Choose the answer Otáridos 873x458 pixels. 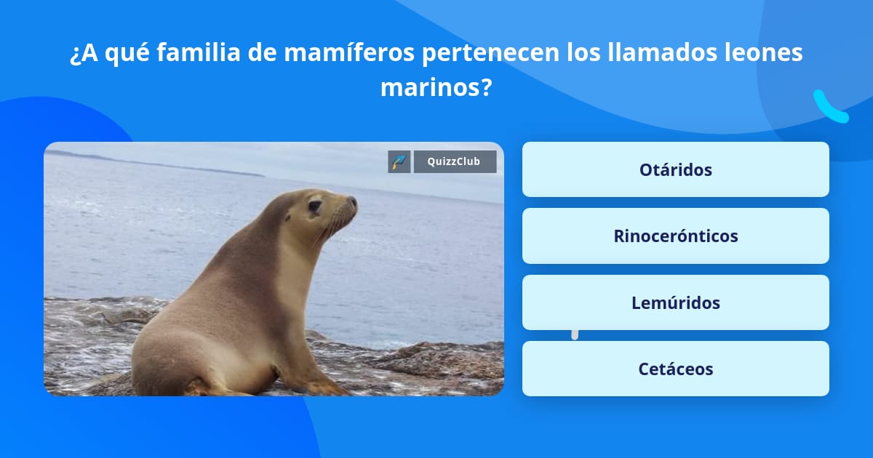pos(675,169)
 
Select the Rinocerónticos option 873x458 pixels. pos(675,236)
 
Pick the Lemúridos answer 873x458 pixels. pos(675,302)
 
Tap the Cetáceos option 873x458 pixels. pos(675,369)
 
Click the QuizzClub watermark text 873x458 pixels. pos(454,161)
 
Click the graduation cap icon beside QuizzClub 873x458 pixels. pos(399,161)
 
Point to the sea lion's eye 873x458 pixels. pos(314,206)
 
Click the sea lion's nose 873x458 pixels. pos(352,202)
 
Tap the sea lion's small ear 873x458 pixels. pos(287,217)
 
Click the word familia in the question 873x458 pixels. pos(199,52)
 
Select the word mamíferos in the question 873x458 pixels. pos(349,52)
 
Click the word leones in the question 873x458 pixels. pos(764,52)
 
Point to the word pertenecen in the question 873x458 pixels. pos(491,53)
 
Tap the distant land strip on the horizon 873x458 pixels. pos(156,164)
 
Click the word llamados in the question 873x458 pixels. pos(663,52)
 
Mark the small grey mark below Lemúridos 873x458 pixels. pos(575,335)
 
